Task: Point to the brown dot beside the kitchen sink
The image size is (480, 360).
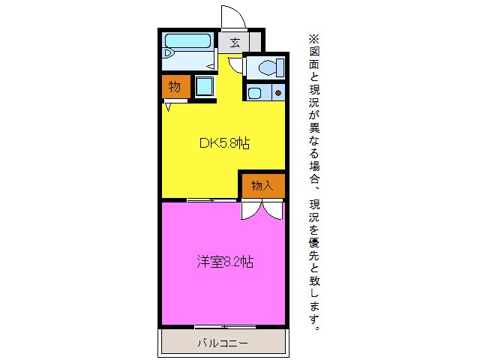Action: pos(277,94)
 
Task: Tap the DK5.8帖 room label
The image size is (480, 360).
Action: pos(223,144)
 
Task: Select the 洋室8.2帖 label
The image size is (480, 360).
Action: pos(224,262)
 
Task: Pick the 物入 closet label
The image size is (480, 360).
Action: pos(262,185)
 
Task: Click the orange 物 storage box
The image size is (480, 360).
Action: pos(174,87)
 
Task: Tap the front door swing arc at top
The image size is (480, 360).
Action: pos(235,16)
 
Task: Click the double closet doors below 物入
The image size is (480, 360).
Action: pos(262,210)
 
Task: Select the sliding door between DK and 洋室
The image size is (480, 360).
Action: pos(201,199)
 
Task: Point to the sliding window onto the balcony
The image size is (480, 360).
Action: pos(223,326)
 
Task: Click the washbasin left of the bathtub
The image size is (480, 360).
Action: pos(168,54)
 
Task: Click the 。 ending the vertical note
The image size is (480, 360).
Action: pos(316,328)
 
